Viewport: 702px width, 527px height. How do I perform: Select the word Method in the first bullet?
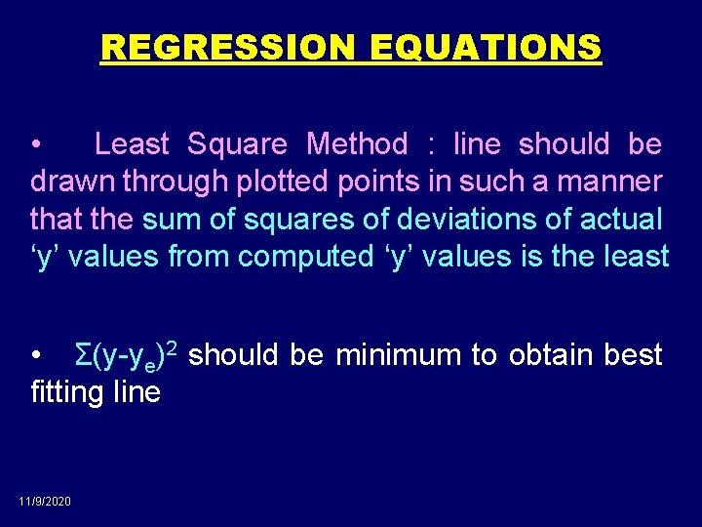[357, 144]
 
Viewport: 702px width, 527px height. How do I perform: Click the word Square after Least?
[237, 144]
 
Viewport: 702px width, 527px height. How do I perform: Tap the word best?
[633, 355]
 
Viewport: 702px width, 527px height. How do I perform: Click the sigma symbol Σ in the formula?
[85, 356]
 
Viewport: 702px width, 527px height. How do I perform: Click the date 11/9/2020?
[45, 501]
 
